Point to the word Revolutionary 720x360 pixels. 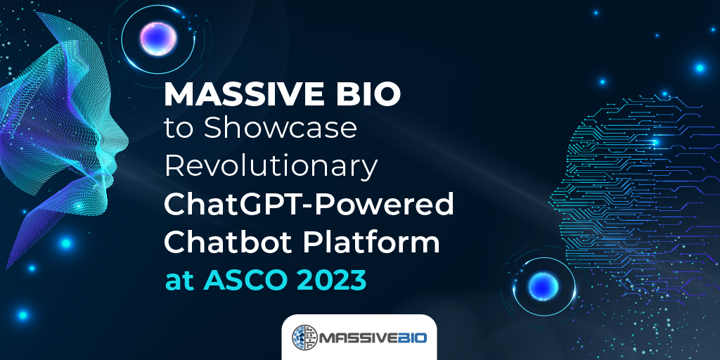pos(270,167)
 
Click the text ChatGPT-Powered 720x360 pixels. pos(309,204)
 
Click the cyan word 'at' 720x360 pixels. pos(176,280)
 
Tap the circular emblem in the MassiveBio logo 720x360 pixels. pos(304,338)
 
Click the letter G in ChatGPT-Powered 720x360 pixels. pos(245,204)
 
